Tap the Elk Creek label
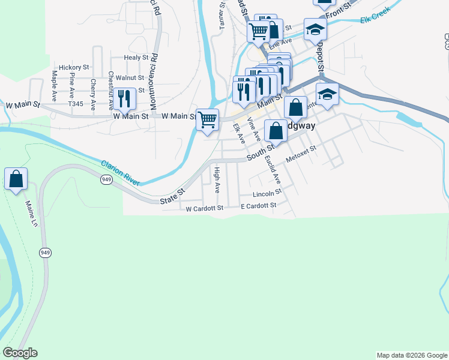375,14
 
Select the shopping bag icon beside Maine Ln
16,178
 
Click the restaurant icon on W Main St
124,98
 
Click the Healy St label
136,58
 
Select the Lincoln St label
267,194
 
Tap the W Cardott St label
204,208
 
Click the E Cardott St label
258,205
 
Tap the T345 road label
76,104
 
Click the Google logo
20,353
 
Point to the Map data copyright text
411,355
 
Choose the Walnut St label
130,77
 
